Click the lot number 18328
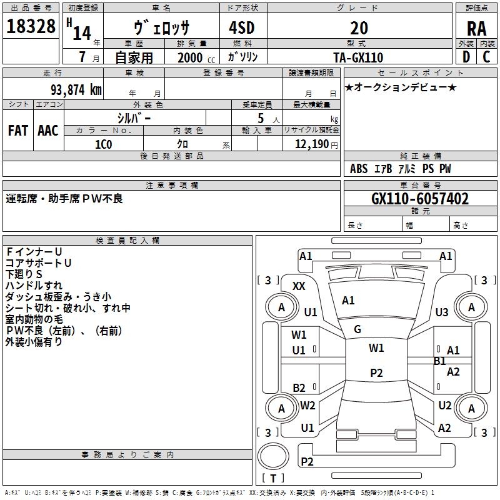click(31, 27)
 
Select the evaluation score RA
click(476, 28)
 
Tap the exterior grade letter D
click(466, 57)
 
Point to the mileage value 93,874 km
click(71, 89)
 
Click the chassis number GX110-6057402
click(420, 199)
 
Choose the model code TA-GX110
click(359, 57)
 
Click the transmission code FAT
click(17, 131)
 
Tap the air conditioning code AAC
click(48, 131)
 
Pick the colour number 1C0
click(103, 143)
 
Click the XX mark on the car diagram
click(299, 286)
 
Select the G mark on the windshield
click(357, 329)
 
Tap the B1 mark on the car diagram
click(440, 361)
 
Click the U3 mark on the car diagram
click(442, 312)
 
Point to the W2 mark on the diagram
click(307, 405)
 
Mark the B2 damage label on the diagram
click(299, 387)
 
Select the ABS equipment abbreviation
click(359, 169)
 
